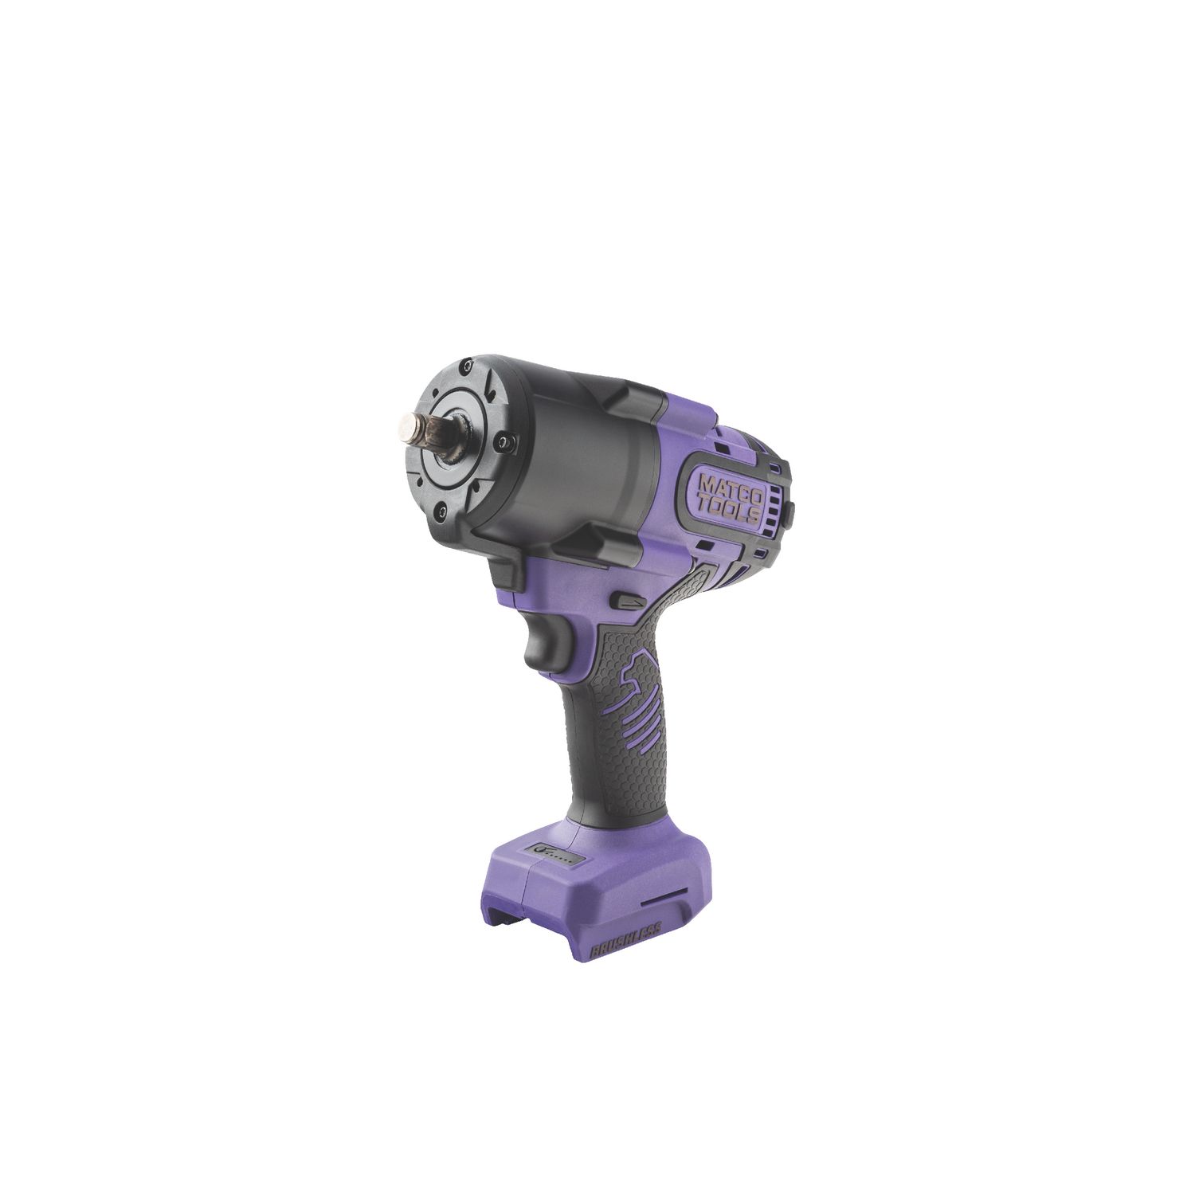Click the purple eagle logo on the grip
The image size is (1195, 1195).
click(x=645, y=693)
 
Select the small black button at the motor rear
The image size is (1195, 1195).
click(x=791, y=507)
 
